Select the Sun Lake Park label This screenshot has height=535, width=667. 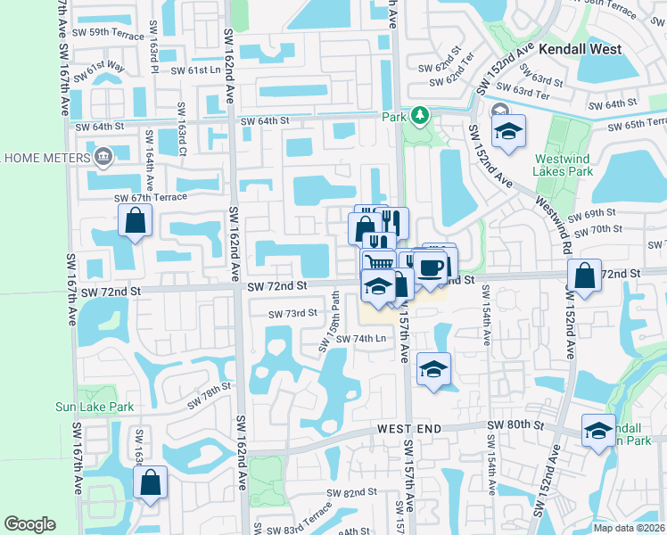point(119,407)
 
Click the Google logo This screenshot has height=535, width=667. point(29,524)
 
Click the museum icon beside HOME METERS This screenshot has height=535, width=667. point(104,158)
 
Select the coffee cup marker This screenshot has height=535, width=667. point(432,267)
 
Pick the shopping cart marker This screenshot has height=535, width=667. point(379,262)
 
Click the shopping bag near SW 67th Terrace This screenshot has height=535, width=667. point(134,221)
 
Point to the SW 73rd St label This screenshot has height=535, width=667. point(293,313)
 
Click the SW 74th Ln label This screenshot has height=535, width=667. point(357,339)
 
